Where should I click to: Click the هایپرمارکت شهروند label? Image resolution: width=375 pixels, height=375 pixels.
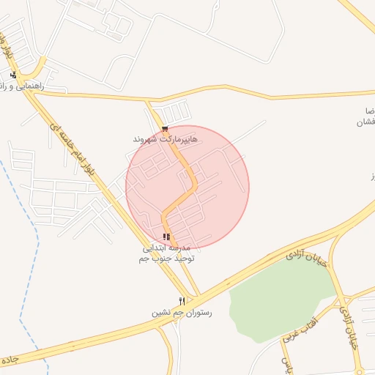tap(165, 138)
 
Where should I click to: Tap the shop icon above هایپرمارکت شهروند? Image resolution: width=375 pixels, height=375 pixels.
tap(154, 129)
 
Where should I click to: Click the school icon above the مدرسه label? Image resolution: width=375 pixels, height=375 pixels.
tap(167, 237)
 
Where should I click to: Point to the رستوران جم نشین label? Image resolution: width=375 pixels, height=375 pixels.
tap(181, 313)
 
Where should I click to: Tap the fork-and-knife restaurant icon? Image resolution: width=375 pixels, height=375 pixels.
tap(182, 301)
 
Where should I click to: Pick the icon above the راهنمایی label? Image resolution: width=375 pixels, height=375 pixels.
tap(13, 75)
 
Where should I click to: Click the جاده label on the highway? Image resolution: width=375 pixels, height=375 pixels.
tap(8, 361)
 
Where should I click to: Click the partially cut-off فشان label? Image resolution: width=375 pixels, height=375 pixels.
tap(364, 122)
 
